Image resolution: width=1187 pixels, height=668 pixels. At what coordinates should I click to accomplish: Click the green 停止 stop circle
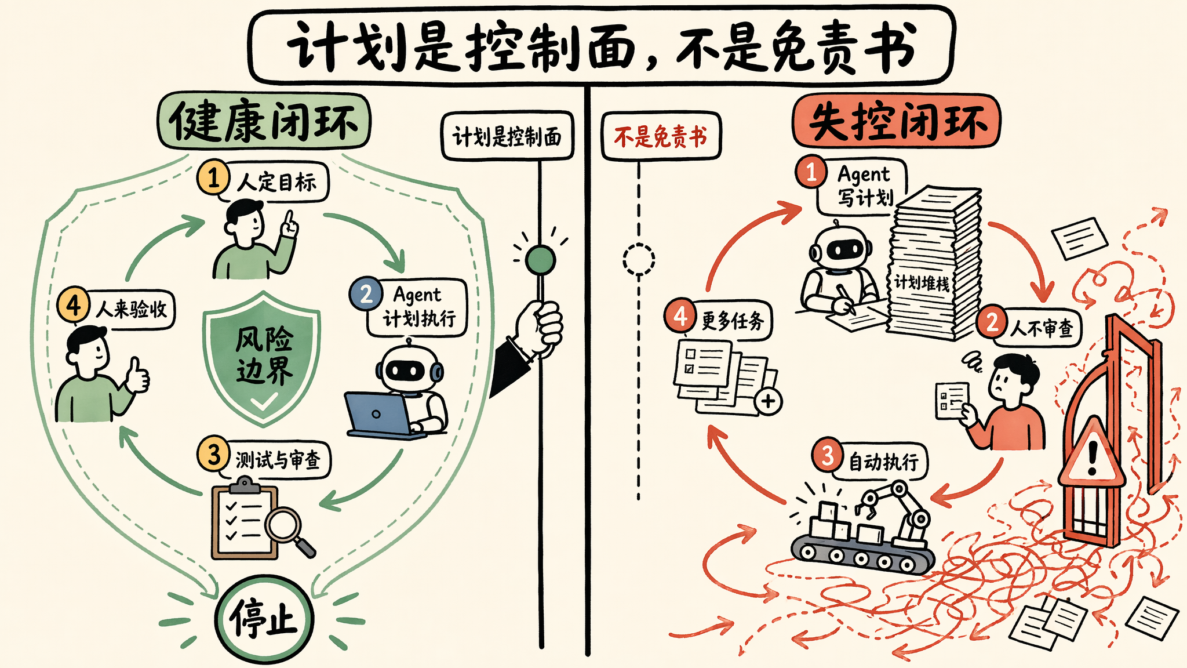tap(264, 619)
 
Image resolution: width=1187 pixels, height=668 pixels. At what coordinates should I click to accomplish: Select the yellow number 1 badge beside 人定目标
tap(213, 177)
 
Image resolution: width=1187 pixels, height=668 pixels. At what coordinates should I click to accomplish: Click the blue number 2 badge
tap(366, 294)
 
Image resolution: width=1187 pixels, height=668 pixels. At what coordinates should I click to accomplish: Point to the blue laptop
tap(380, 414)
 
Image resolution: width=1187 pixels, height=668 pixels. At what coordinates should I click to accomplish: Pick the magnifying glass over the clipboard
tap(289, 530)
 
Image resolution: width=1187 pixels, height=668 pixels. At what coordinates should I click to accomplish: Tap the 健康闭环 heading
tap(264, 121)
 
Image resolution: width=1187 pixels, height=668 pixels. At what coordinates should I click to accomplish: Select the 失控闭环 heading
tap(896, 121)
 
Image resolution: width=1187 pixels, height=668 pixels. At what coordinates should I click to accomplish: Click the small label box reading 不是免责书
tap(661, 136)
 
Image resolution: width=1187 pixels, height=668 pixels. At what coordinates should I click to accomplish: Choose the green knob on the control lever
tap(540, 259)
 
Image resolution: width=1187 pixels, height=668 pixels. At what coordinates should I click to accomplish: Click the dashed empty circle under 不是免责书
tap(639, 259)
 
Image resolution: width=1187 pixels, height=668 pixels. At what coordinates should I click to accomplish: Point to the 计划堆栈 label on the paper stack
tap(922, 283)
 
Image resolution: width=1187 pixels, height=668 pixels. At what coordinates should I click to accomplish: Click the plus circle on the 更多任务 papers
tap(769, 401)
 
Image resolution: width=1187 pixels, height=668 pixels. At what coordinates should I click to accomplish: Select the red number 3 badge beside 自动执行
tap(827, 455)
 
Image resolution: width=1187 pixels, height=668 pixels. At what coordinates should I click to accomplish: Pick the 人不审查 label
tap(1042, 329)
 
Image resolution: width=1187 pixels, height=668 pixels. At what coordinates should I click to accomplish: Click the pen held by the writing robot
tap(846, 299)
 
